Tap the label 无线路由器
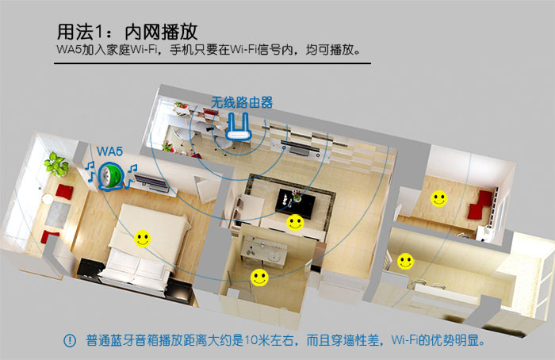point(242,102)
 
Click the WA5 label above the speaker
point(109,151)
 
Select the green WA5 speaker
point(111,176)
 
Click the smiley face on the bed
point(143,239)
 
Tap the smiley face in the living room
point(295,223)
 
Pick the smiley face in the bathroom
point(259,278)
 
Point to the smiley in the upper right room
point(439,198)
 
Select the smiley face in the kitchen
point(406,262)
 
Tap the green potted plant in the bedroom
point(56,164)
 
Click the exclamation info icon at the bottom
point(70,340)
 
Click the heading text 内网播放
point(161,33)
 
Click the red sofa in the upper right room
point(480,205)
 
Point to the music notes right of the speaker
point(132,175)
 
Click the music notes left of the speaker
point(91,171)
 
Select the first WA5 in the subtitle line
point(69,49)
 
